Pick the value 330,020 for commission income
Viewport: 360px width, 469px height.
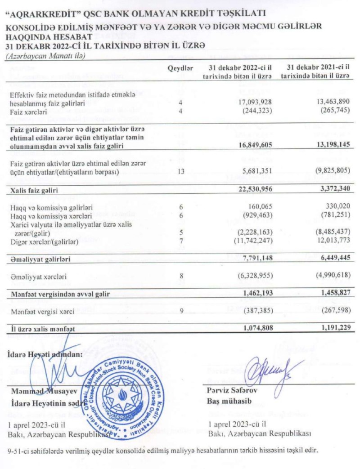coord(334,207)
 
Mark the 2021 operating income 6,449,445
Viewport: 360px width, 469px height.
coord(331,259)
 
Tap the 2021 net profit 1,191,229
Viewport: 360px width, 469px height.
coord(331,329)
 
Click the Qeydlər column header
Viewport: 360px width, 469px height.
coord(180,68)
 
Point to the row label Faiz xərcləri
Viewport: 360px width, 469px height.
coord(28,112)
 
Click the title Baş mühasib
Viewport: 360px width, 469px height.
coord(225,400)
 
